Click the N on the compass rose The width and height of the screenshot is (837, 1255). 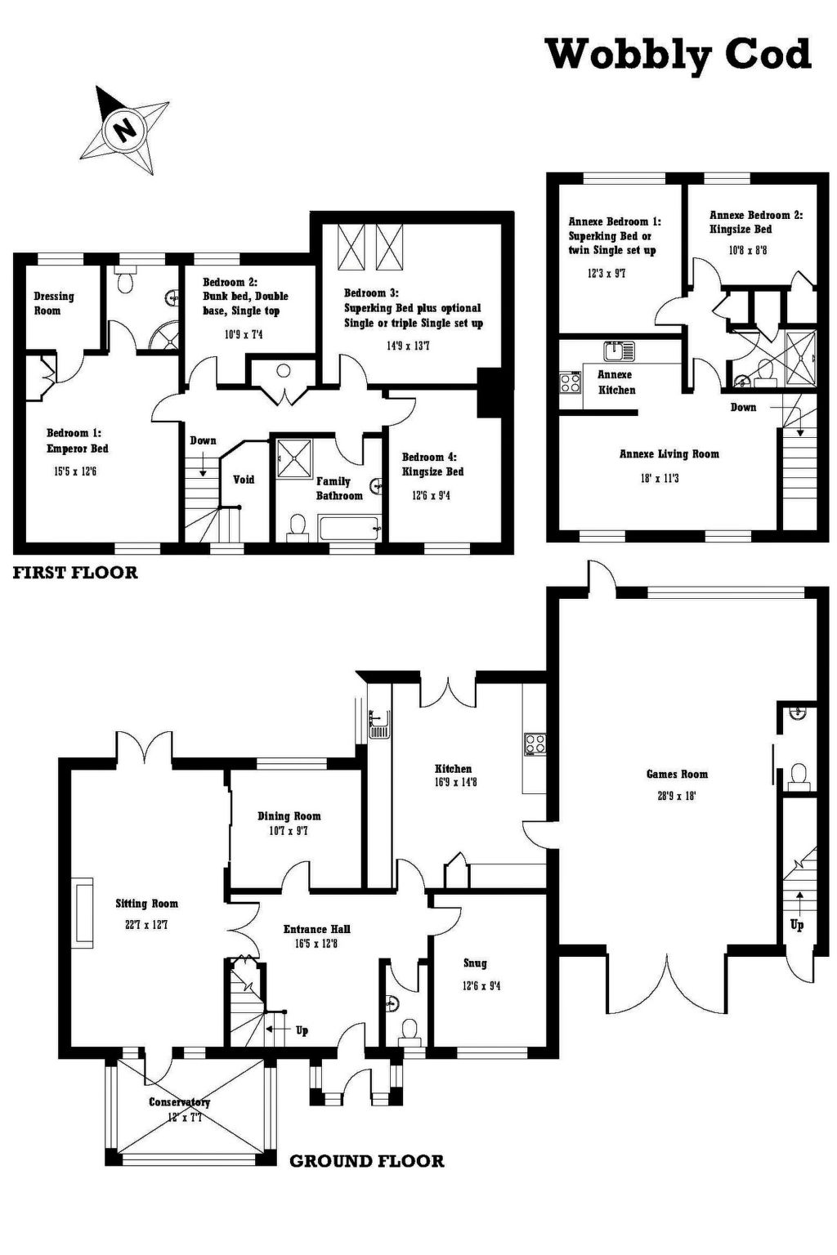[x=124, y=130]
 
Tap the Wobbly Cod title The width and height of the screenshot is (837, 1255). [x=679, y=56]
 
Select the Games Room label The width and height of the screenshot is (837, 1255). [x=677, y=775]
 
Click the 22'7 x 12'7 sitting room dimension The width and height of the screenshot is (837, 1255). [x=146, y=924]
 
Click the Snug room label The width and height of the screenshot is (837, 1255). [x=475, y=963]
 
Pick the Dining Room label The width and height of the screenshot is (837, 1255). [x=289, y=816]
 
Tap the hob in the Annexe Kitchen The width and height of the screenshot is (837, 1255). [x=571, y=382]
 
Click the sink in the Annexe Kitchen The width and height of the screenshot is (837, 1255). [x=620, y=351]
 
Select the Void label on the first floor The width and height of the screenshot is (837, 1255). [x=244, y=480]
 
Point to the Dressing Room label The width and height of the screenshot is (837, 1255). [x=54, y=303]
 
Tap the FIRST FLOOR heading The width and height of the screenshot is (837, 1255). [x=75, y=573]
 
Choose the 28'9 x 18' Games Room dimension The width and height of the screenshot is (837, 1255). [x=677, y=796]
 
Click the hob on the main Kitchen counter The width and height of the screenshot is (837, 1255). [x=535, y=744]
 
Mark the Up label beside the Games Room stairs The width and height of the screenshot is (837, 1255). [x=796, y=925]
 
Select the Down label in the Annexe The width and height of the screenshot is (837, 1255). [x=743, y=408]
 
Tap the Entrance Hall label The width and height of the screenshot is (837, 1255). [x=317, y=929]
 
